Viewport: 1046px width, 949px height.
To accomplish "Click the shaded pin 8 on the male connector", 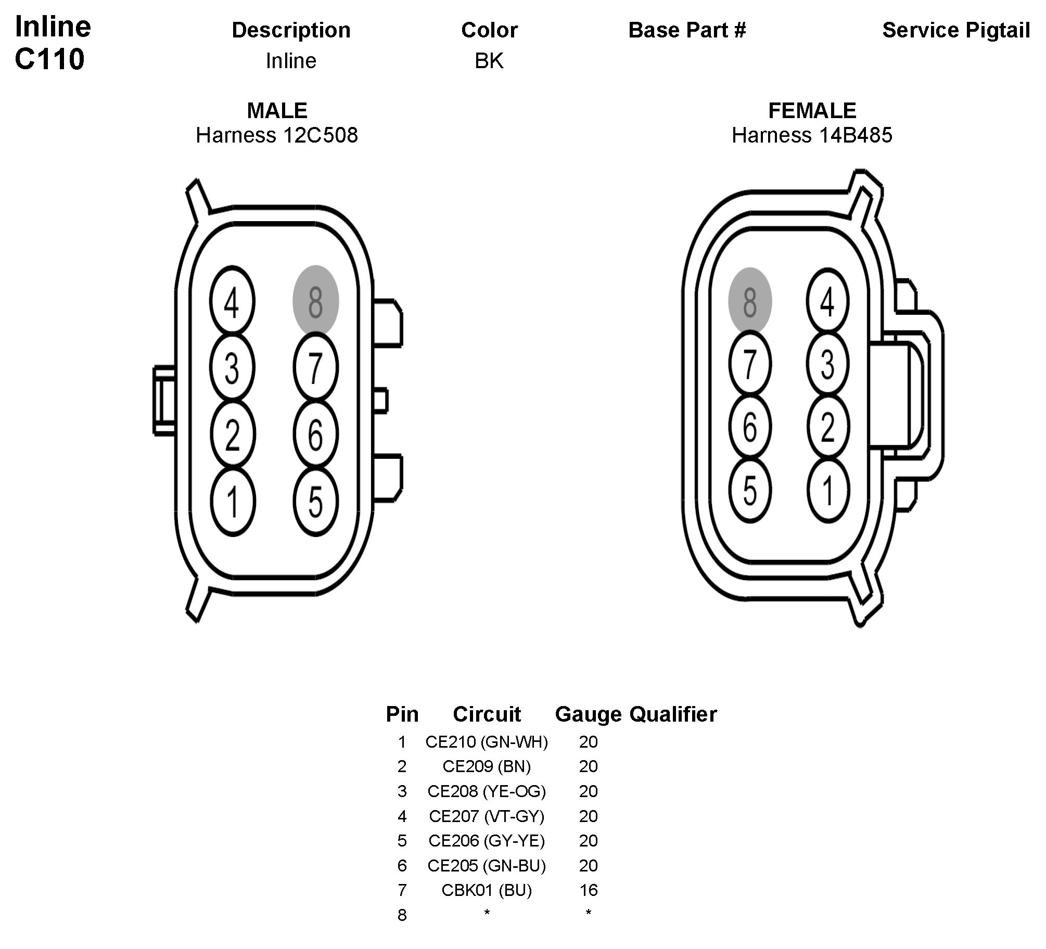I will coord(316,301).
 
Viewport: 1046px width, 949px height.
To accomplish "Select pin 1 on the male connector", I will coord(233,502).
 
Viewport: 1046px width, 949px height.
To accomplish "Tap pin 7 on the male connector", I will coord(316,368).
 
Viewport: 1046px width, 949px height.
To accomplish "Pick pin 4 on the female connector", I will coord(827,301).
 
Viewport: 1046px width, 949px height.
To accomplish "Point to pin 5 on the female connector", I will coord(749,490).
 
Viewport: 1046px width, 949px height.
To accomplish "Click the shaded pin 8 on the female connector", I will coord(749,301).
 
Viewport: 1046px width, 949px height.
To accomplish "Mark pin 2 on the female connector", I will coord(827,427).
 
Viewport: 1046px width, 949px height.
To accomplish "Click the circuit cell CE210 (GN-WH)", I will coord(487,742).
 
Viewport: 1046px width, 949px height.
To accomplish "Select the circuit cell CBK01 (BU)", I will coord(487,890).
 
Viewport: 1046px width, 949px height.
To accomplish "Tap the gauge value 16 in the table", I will coord(588,890).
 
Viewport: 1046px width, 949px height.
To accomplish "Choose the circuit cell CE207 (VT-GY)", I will coord(487,816).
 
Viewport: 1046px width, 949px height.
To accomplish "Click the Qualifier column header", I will coord(673,714).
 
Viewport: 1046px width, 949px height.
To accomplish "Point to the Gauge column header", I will coord(588,714).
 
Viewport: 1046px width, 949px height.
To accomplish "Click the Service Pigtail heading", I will coord(956,30).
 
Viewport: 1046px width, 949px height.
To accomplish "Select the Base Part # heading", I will coord(687,30).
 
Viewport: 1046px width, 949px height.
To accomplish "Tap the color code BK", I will coord(489,61).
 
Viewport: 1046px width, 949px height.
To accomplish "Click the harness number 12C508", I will coord(320,135).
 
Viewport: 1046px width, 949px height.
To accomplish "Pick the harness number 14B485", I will coord(856,135).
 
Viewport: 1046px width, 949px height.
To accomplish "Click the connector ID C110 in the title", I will coord(49,59).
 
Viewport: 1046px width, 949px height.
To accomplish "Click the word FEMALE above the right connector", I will coord(812,111).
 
